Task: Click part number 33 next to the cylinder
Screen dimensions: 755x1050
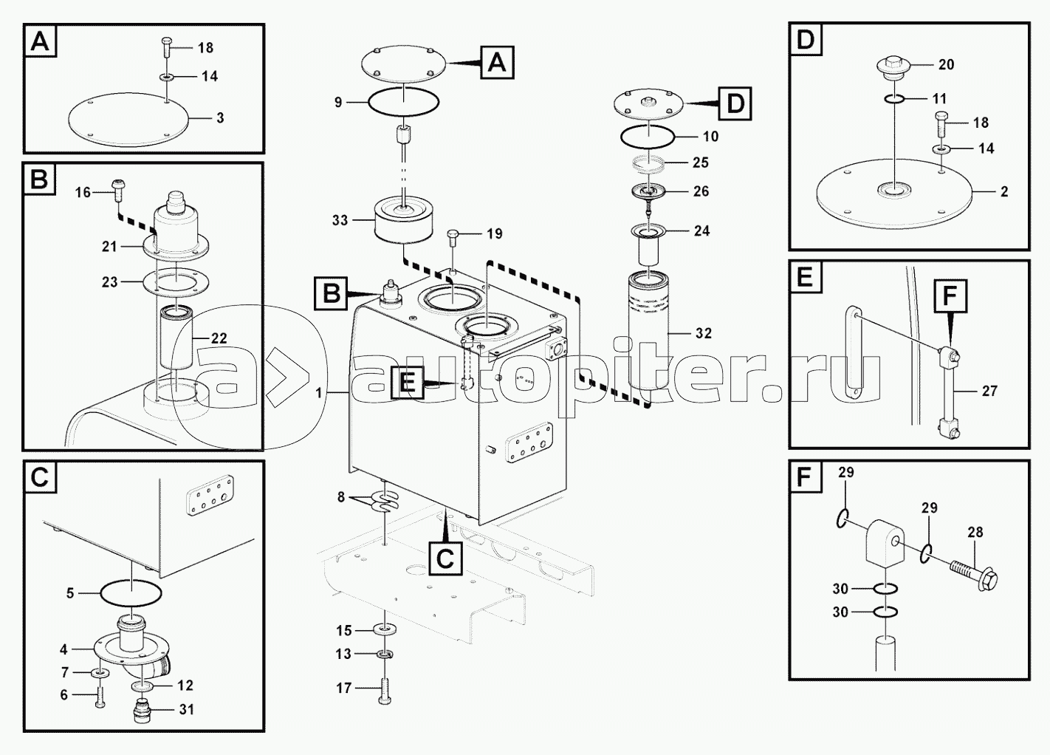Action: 340,220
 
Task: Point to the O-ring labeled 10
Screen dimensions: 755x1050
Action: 647,136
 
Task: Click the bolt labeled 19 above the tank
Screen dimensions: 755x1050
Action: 453,237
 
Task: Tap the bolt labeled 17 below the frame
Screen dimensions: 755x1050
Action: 385,690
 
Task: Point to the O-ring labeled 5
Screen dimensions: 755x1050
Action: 131,592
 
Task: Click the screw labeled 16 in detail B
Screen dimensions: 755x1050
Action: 117,188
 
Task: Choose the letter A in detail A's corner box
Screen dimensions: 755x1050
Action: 41,41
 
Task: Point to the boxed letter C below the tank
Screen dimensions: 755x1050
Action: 445,558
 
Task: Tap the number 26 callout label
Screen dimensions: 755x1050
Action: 701,191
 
